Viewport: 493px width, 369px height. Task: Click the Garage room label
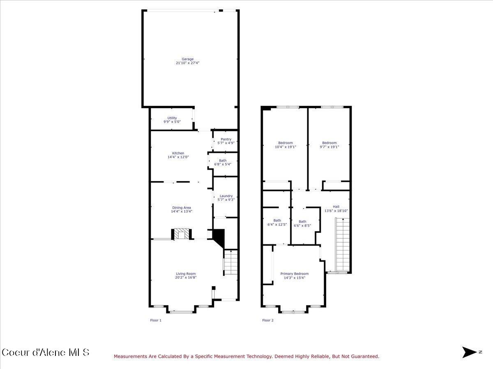[187, 59]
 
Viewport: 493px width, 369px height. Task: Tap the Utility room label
[172, 118]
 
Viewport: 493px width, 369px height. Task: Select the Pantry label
[226, 139]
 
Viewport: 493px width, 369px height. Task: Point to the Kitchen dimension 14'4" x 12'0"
[178, 157]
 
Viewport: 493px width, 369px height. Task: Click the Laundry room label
[226, 196]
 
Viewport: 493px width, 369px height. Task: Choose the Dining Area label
[181, 208]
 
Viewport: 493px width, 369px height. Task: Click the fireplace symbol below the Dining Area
[181, 234]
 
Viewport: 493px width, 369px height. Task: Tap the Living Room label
[186, 274]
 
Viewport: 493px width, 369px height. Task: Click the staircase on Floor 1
[231, 262]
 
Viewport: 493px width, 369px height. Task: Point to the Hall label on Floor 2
[336, 207]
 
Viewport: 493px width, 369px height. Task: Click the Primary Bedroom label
[294, 274]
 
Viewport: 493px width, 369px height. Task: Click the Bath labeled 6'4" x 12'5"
[277, 221]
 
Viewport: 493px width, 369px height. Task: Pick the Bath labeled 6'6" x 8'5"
[302, 222]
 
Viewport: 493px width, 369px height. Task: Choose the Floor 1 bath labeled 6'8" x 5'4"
[222, 161]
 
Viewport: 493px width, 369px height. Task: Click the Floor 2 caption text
[267, 320]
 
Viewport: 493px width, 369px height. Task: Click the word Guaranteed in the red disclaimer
[363, 357]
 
